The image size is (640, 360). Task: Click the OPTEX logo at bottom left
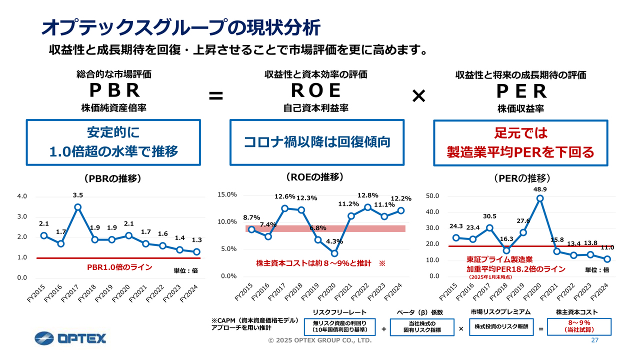(70, 338)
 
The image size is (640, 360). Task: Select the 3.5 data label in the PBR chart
(77, 195)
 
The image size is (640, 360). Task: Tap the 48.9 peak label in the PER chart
(539, 189)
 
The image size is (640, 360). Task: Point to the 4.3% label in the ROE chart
(334, 241)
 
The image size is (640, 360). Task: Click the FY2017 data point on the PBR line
(77, 207)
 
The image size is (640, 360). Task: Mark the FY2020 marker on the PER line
(539, 198)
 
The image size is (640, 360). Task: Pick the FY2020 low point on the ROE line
(334, 253)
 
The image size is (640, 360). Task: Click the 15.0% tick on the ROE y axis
(228, 194)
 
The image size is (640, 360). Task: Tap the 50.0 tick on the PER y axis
(433, 196)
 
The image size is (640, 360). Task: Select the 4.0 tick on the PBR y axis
(22, 196)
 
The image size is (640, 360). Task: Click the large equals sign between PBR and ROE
(215, 95)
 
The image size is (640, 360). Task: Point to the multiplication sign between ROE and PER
(418, 96)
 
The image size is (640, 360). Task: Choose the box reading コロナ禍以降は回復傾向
(316, 142)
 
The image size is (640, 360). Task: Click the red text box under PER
(520, 142)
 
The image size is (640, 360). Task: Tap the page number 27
(594, 340)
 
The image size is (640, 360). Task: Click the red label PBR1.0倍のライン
(119, 268)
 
